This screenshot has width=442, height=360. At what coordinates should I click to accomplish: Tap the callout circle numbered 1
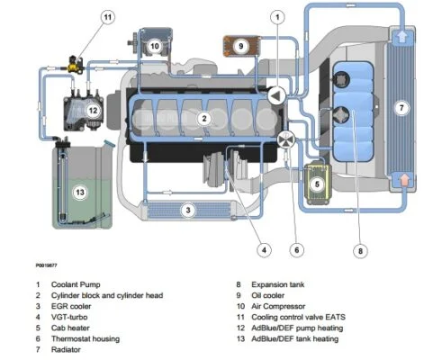pyautogui.click(x=278, y=16)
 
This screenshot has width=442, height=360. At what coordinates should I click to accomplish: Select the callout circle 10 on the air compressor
pyautogui.click(x=154, y=45)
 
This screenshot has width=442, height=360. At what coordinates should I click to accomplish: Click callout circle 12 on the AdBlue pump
pyautogui.click(x=91, y=110)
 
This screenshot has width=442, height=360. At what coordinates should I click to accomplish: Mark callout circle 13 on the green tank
pyautogui.click(x=80, y=191)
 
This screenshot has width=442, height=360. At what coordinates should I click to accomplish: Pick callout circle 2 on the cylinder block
pyautogui.click(x=204, y=118)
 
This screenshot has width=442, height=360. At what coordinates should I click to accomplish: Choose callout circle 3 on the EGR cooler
pyautogui.click(x=188, y=211)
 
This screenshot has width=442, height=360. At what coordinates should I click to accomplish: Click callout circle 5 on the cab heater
pyautogui.click(x=317, y=184)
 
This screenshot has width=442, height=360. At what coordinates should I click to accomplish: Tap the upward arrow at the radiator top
pyautogui.click(x=403, y=37)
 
